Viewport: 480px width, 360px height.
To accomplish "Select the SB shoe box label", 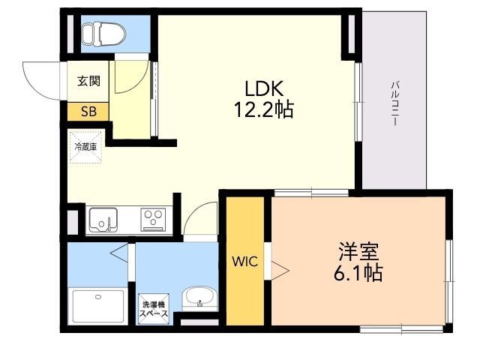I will click(x=88, y=112).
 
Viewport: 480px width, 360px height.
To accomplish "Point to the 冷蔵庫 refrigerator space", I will click(x=85, y=147).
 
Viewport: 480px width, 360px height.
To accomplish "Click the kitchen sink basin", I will click(x=102, y=220).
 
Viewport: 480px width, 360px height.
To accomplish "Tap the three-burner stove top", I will click(x=154, y=220).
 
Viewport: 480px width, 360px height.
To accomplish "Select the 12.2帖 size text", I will click(x=262, y=111).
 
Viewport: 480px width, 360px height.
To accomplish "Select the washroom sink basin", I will click(x=197, y=298).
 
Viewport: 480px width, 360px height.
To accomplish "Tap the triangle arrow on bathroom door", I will click(x=120, y=254).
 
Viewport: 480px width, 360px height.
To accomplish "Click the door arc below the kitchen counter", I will click(x=198, y=218).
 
